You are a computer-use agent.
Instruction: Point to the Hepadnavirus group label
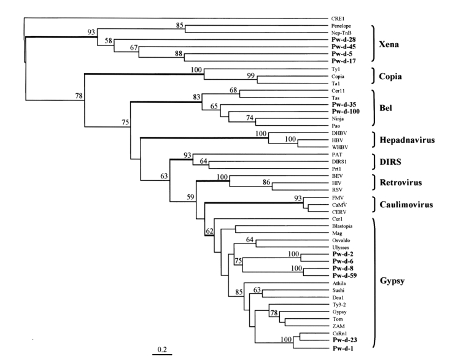(x=410, y=140)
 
